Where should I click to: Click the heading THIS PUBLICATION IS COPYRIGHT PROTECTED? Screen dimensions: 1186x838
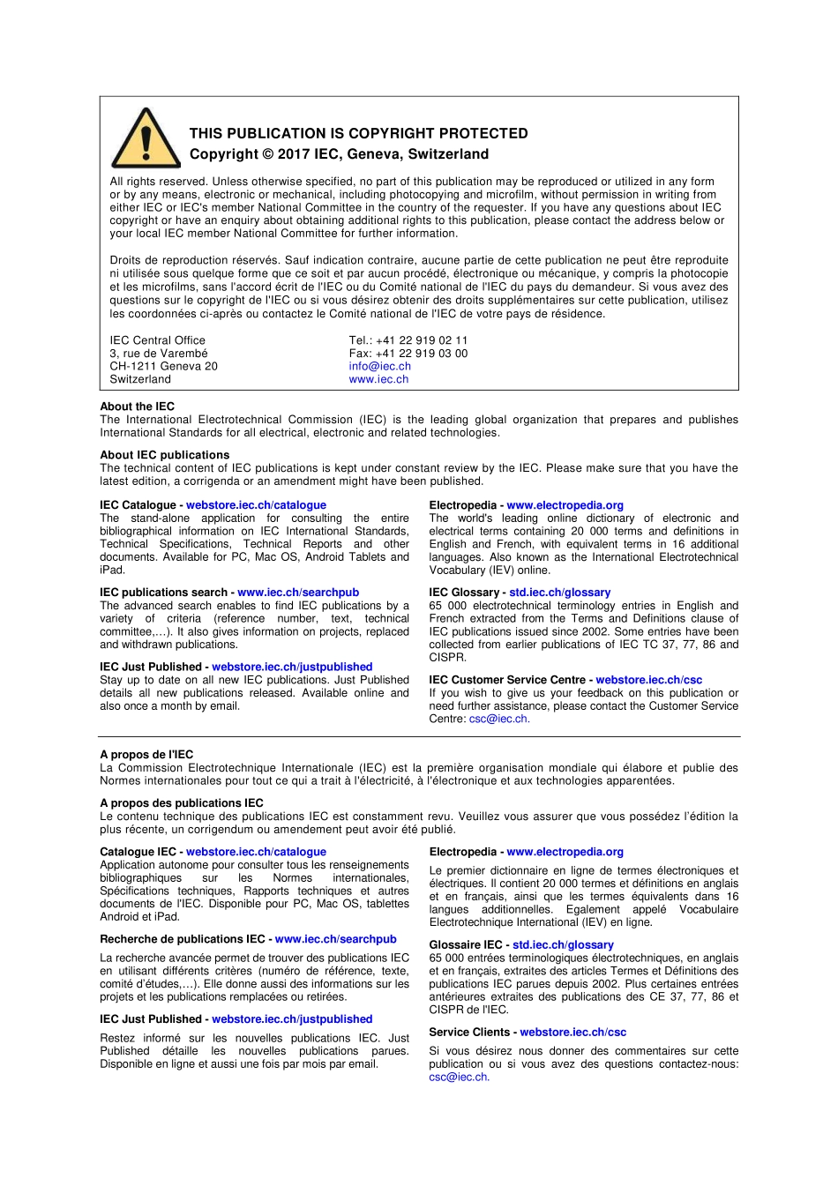(358, 133)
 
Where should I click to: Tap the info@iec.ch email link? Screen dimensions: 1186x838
(379, 366)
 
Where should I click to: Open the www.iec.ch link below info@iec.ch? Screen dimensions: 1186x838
(378, 379)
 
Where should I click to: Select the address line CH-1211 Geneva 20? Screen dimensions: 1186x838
(163, 366)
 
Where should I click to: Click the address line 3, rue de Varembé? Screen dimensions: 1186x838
(159, 354)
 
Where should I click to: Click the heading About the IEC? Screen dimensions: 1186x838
(137, 407)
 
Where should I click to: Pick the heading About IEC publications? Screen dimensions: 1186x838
(164, 455)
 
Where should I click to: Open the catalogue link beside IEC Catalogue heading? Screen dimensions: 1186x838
(256, 505)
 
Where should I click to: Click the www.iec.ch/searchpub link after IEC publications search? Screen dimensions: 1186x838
(298, 593)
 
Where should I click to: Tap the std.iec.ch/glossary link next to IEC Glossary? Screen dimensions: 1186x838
(559, 593)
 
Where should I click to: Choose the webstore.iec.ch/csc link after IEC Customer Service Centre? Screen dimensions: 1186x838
(648, 680)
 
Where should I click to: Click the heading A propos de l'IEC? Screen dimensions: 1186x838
(146, 755)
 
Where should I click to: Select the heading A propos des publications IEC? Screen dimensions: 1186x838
(182, 803)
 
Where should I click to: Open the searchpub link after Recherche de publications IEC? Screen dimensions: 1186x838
(335, 939)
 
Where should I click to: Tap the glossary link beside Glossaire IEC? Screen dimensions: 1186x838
(563, 944)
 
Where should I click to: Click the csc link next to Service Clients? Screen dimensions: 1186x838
(572, 1032)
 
